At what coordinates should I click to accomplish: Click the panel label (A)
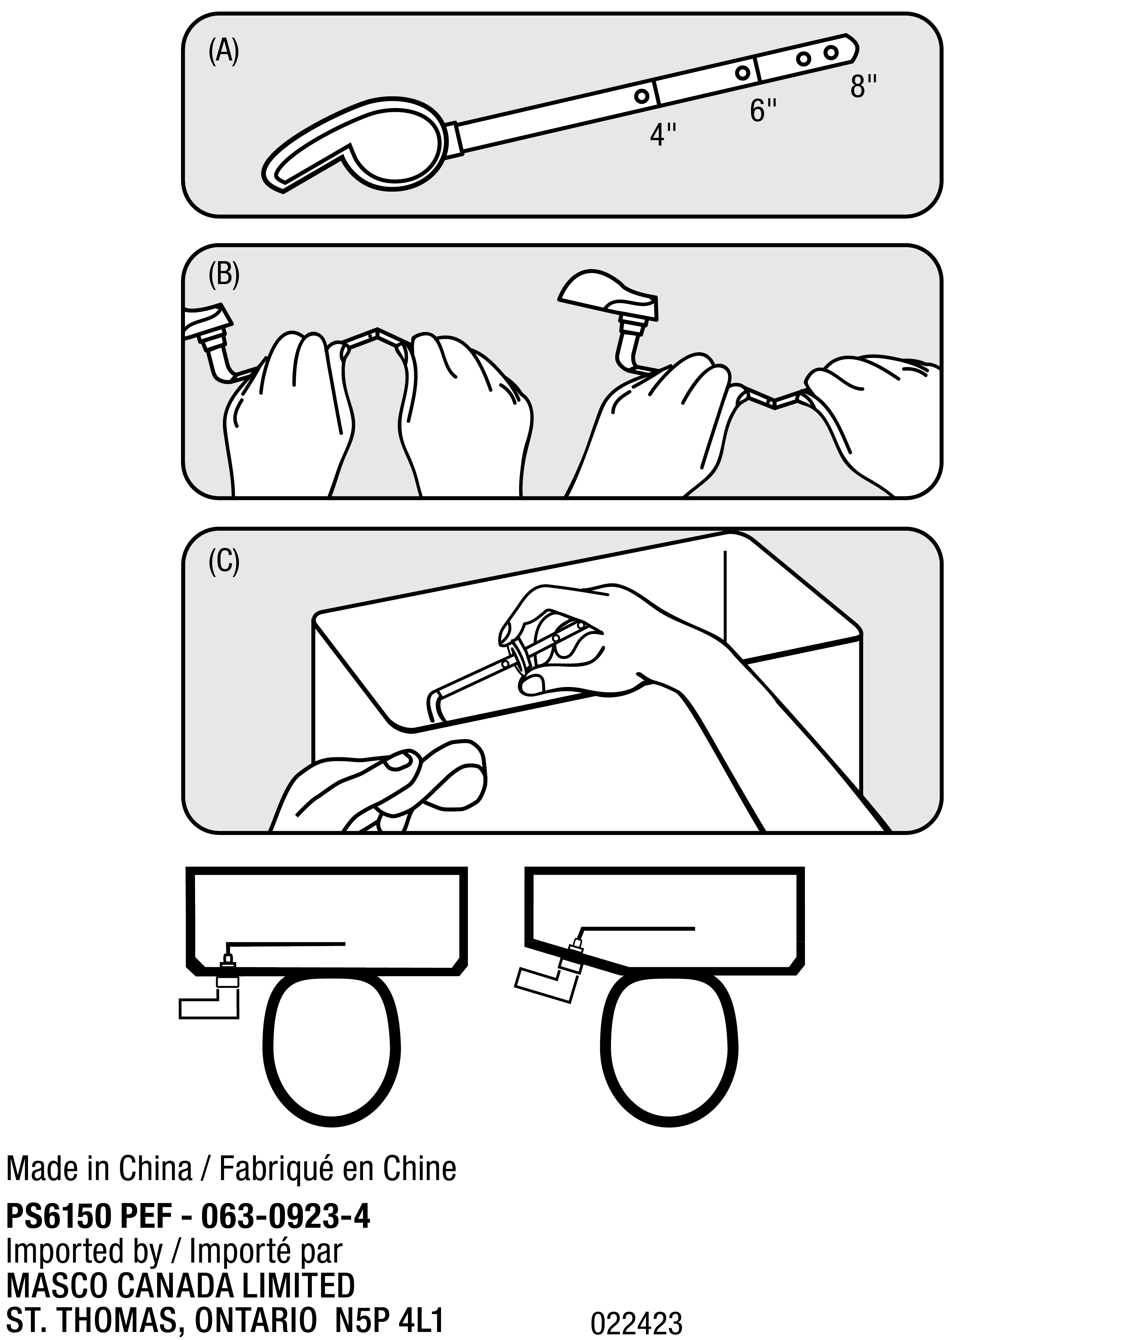click(x=224, y=52)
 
